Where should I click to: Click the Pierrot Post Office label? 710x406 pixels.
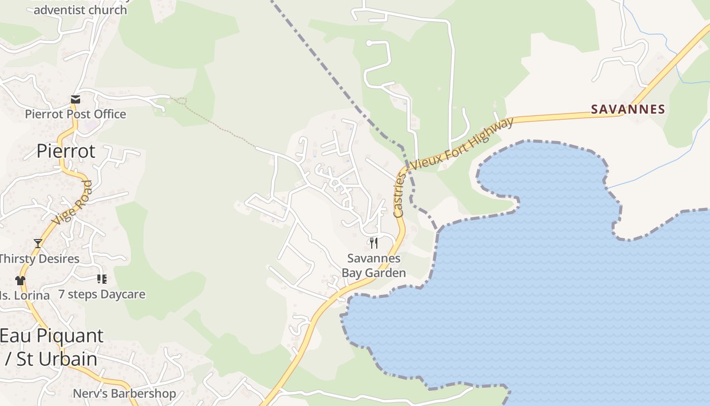76,114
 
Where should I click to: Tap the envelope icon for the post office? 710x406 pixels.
76,99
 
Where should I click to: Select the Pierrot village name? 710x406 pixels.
66,151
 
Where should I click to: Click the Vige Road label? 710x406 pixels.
73,202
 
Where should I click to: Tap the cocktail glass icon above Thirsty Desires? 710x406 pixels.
38,244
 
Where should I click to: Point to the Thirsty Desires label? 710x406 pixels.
39,259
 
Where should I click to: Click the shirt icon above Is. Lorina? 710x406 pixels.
20,280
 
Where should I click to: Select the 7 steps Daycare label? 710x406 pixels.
101,294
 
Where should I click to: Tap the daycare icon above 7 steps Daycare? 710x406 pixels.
101,279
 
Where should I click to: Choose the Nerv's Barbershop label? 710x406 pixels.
124,393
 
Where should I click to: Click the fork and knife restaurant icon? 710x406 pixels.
374,243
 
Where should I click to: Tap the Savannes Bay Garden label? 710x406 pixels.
374,265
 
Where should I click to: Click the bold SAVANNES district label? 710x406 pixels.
628,109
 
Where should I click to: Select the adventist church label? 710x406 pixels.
80,10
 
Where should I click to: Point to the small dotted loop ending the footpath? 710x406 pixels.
182,101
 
